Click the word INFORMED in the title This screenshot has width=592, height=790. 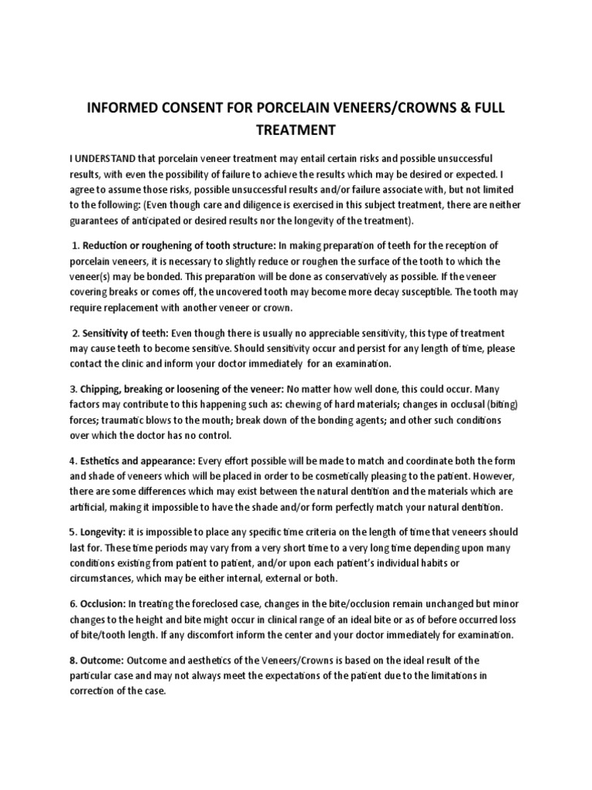coord(127,109)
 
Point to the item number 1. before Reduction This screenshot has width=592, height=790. coord(76,246)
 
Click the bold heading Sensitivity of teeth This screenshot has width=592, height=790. coord(124,333)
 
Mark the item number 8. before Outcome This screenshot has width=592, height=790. coord(74,660)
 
